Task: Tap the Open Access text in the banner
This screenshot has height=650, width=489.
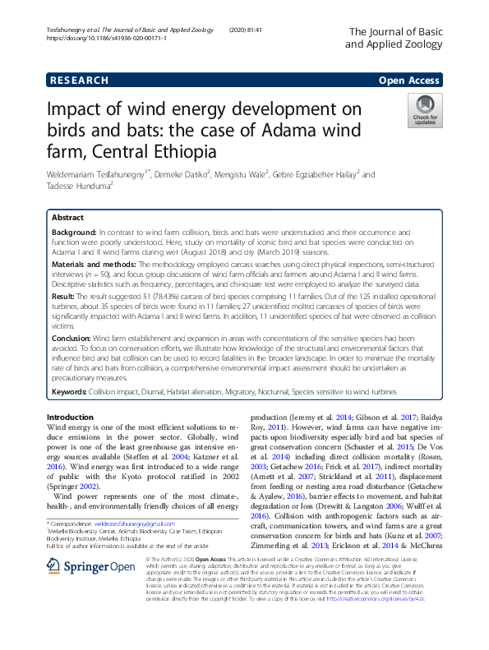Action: tap(409, 81)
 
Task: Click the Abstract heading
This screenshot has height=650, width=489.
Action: tap(67, 218)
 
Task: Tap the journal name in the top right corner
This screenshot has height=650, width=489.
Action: tap(396, 38)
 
